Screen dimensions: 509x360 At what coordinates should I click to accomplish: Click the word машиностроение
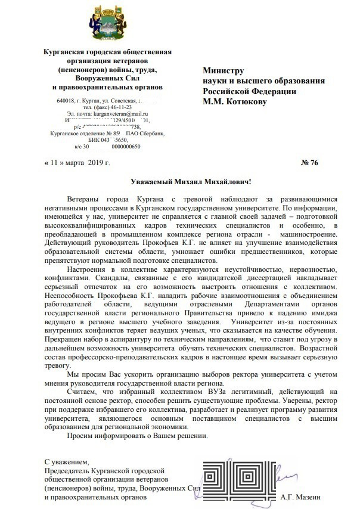(305, 233)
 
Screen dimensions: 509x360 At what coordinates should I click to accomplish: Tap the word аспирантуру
(120, 340)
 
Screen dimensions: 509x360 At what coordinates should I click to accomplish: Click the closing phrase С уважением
(67, 461)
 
